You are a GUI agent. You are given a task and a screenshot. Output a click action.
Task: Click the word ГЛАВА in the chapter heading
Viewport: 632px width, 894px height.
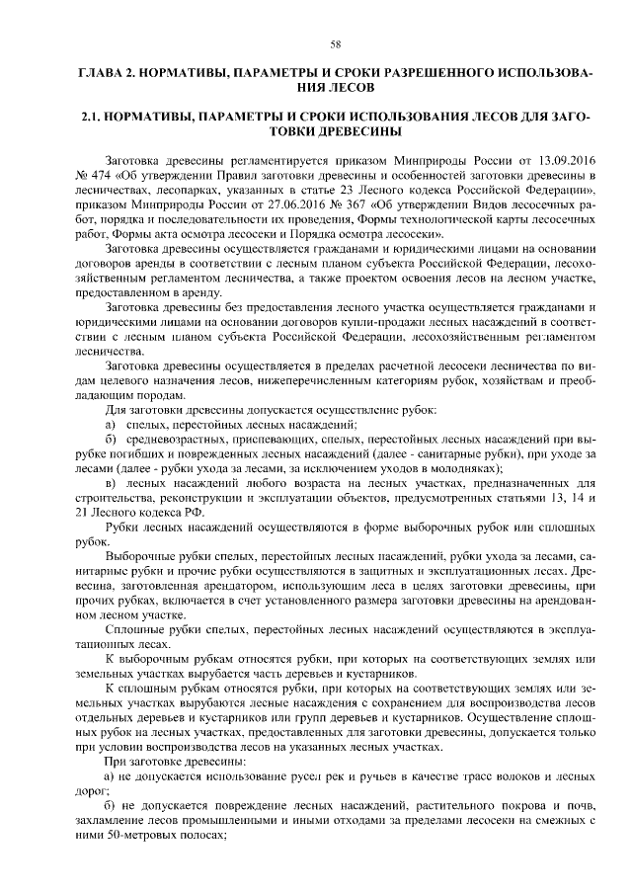click(102, 75)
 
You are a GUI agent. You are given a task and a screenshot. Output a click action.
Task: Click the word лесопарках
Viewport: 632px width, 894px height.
click(185, 186)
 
